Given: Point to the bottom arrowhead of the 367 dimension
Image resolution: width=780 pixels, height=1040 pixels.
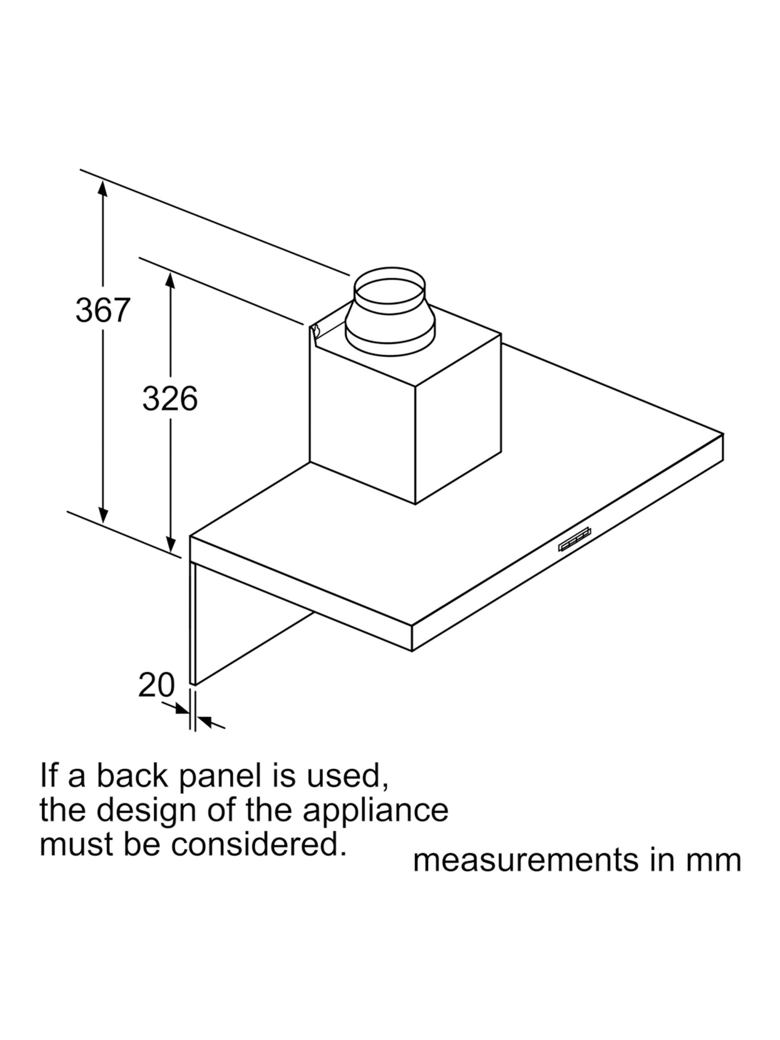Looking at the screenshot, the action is [x=103, y=514].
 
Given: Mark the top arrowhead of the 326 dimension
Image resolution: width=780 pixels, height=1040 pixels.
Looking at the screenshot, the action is [x=170, y=280].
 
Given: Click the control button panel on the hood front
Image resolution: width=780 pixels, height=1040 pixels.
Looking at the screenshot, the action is [x=574, y=539].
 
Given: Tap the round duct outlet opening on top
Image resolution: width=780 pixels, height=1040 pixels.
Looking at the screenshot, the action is [x=389, y=285].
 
